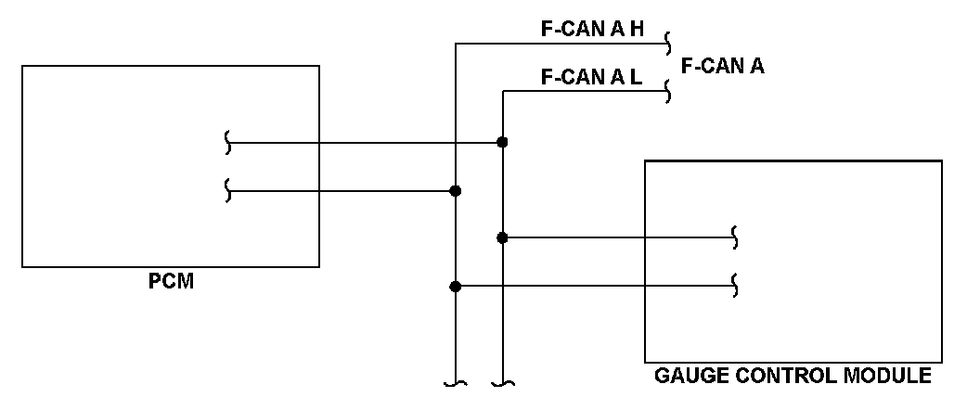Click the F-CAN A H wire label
coord(592,29)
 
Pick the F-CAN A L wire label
coord(591,77)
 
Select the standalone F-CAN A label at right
coord(722,66)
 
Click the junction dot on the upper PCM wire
coord(502,143)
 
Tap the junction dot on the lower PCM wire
coord(455,191)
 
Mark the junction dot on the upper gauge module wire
coord(502,238)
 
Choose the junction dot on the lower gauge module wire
coord(455,287)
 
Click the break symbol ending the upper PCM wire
coord(228,143)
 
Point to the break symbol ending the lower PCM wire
coord(228,191)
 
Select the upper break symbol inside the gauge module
coord(736,238)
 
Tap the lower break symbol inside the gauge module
coord(736,287)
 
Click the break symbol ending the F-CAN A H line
coord(667,43)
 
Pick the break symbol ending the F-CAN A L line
coord(667,91)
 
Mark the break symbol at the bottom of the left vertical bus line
coord(455,382)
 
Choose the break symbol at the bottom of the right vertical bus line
coord(502,382)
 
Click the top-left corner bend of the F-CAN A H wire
coord(455,43)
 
